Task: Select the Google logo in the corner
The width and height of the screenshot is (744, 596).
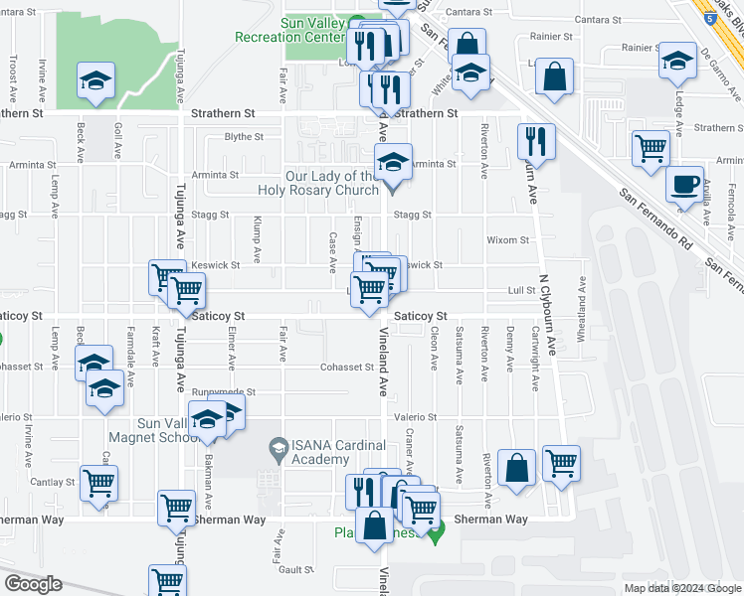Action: click(x=33, y=584)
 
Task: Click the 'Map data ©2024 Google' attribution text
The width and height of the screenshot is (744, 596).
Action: click(x=682, y=588)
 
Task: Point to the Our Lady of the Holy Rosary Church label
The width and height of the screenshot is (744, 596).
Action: click(x=331, y=184)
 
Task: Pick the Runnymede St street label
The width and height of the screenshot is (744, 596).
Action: click(x=224, y=392)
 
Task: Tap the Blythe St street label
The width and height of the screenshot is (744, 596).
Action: click(x=244, y=137)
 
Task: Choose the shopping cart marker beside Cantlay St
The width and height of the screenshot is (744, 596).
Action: click(x=99, y=485)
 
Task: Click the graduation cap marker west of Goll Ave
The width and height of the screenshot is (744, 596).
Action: click(x=96, y=82)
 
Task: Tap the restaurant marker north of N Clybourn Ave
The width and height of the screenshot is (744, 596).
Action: click(x=536, y=143)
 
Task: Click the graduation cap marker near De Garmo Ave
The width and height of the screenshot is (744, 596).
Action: click(x=677, y=63)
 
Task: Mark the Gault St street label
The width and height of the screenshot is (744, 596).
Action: click(x=296, y=569)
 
